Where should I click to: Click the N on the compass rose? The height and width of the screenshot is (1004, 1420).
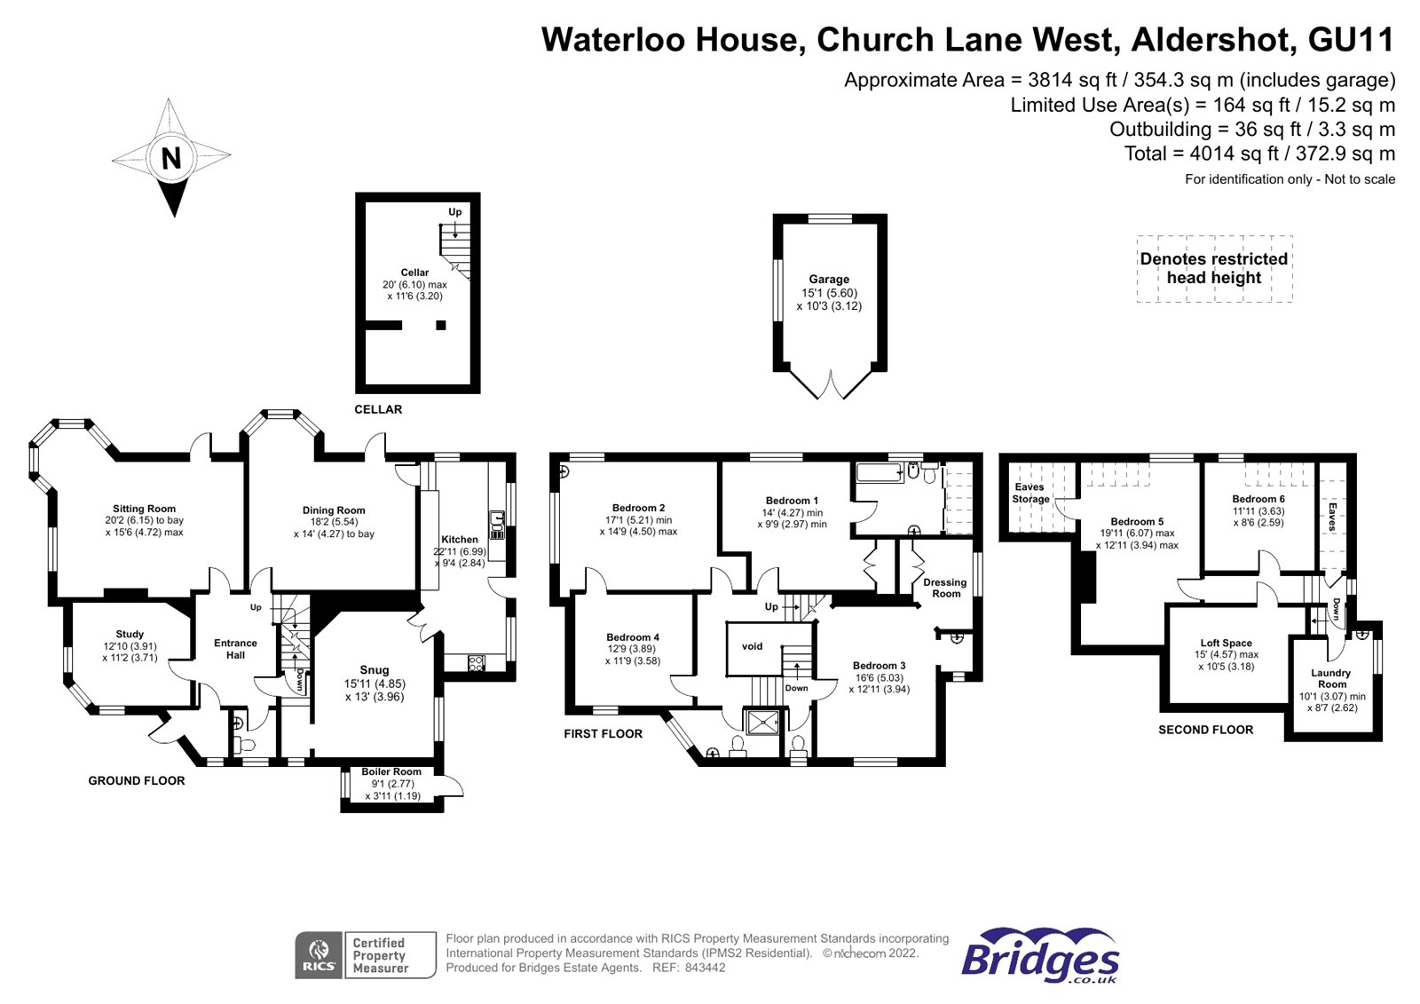(x=171, y=158)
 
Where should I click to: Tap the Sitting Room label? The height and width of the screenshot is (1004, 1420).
(x=144, y=509)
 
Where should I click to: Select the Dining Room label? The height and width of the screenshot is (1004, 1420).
(x=334, y=510)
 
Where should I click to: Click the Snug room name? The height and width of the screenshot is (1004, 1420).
(x=375, y=670)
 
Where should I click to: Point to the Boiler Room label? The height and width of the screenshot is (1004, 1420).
(x=391, y=771)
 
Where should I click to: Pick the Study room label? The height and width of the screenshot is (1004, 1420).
(x=130, y=634)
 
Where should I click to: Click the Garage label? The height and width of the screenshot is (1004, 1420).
(x=829, y=279)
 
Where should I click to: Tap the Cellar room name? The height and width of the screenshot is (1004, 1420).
(x=414, y=273)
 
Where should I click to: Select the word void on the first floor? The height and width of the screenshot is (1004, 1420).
(x=752, y=646)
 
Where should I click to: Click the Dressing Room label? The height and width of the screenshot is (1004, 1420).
(x=944, y=588)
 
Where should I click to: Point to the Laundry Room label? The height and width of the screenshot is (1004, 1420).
(x=1331, y=678)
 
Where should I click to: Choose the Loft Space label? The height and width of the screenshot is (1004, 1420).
(x=1226, y=643)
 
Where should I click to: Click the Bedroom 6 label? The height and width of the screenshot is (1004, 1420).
(x=1258, y=499)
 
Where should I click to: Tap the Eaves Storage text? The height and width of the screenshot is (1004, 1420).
(x=1029, y=493)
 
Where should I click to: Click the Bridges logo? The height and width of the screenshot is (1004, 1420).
(x=1040, y=956)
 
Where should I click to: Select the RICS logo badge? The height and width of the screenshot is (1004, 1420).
(x=319, y=955)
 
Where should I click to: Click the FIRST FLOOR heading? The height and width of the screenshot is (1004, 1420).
(x=603, y=733)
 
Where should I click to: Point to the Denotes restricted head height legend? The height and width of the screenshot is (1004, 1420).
(x=1213, y=268)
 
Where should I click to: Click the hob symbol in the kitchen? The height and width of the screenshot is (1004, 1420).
(x=476, y=662)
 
